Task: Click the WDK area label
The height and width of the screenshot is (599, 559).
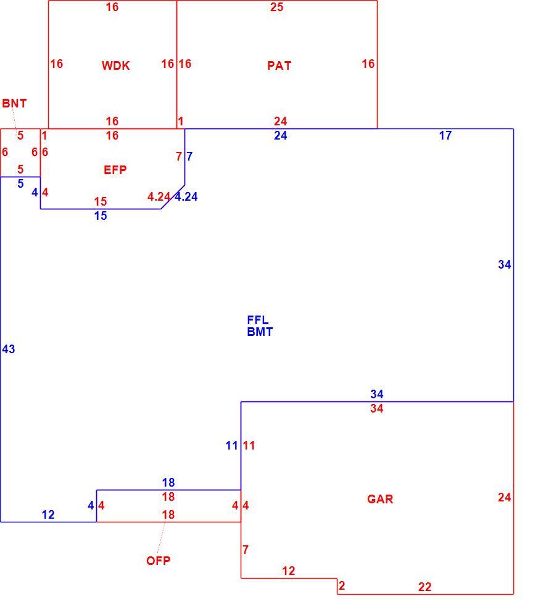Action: point(115,65)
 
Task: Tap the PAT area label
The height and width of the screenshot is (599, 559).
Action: point(279,65)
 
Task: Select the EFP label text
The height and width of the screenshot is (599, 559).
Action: point(115,170)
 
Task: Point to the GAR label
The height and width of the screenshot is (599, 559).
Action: point(380,499)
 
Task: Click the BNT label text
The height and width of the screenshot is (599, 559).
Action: point(15,103)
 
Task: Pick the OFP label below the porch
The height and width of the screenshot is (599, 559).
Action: point(159,561)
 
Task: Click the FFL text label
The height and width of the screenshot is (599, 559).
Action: point(257,320)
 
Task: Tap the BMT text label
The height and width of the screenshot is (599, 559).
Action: point(260,332)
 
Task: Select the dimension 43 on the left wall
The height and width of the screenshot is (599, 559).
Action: point(9,349)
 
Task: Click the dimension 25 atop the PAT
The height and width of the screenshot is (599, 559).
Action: point(276,7)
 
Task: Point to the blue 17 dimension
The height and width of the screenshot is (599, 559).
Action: point(445,135)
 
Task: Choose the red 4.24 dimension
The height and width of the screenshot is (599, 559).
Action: point(159,196)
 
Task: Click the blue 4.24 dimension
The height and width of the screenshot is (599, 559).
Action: point(186,196)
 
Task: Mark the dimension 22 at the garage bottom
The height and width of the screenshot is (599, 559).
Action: point(424,587)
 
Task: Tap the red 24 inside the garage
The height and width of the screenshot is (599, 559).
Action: point(505,497)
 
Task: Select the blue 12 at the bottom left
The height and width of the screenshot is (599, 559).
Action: point(48,514)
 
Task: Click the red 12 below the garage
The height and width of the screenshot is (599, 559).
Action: point(289,571)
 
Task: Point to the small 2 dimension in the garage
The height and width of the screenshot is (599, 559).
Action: point(341,585)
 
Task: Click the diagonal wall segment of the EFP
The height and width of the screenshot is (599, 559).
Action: point(173,197)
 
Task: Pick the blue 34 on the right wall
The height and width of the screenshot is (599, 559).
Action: point(505,264)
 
